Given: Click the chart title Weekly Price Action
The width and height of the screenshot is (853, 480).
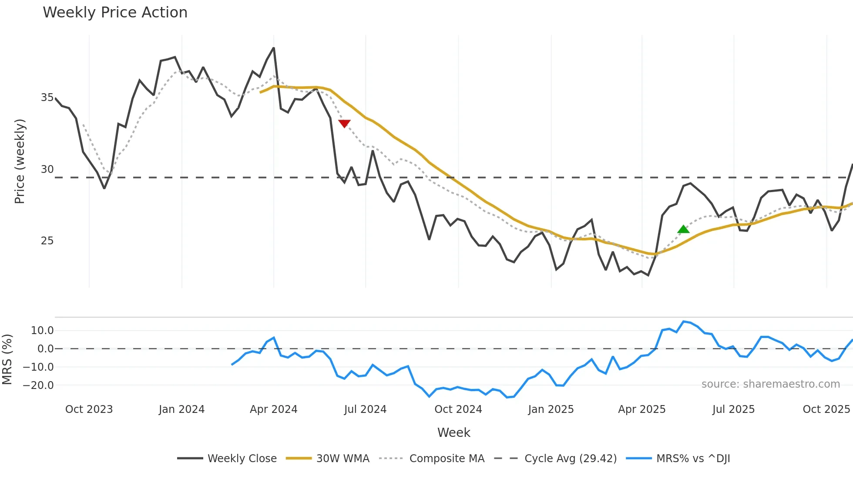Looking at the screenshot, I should [x=115, y=13].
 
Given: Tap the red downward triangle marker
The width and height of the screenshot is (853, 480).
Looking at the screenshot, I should [x=344, y=124].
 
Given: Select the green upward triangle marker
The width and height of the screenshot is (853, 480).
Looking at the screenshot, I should [x=683, y=230].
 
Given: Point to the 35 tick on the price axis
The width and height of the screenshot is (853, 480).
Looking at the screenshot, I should [x=47, y=98].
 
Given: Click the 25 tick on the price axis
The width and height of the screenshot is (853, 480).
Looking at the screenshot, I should [x=47, y=241].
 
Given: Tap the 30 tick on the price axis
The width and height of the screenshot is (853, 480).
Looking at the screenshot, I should [x=47, y=169].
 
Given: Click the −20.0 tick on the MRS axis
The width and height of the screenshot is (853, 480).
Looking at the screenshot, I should [x=38, y=385].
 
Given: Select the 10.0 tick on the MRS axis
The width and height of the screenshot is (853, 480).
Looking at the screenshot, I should [x=42, y=331].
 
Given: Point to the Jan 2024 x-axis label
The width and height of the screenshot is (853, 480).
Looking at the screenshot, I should [x=181, y=409].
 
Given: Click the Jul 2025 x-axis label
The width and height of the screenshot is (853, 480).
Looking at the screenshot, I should [x=733, y=409].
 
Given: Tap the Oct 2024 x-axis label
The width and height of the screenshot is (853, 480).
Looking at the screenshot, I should [x=458, y=409].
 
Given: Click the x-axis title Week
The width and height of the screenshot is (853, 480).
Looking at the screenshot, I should [x=453, y=433].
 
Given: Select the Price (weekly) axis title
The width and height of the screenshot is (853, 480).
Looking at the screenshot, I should [x=20, y=161].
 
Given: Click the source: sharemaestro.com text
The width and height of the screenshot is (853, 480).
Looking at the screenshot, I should [x=770, y=384].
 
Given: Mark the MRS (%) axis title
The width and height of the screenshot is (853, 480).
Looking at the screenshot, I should [x=7, y=359].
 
